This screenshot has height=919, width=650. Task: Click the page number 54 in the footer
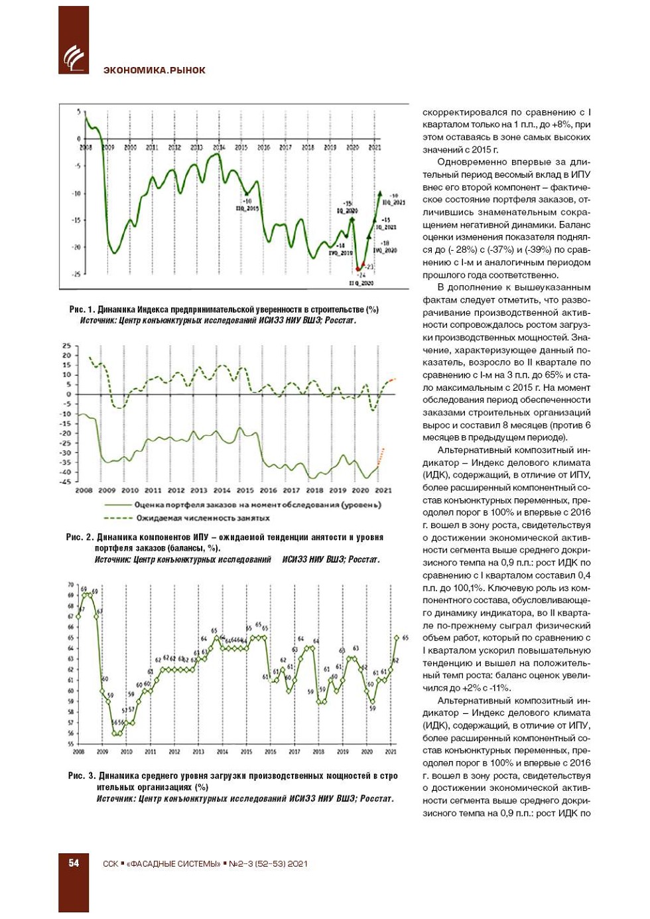click(x=74, y=863)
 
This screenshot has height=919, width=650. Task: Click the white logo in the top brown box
click(x=74, y=58)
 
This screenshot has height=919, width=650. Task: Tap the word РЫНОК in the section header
click(x=188, y=70)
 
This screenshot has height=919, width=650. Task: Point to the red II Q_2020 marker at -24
click(x=358, y=269)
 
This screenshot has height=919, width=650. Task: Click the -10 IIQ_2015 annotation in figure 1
click(x=247, y=204)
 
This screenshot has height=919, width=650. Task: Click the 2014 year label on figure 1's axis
click(x=219, y=147)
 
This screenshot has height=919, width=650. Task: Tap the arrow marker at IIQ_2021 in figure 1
click(x=381, y=193)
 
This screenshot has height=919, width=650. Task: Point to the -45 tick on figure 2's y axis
click(x=66, y=482)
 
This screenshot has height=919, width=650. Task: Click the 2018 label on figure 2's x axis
click(x=314, y=490)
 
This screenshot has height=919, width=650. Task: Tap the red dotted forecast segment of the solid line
click(x=381, y=457)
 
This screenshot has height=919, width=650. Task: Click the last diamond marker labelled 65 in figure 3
click(x=397, y=638)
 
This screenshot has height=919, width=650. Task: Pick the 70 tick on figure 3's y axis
click(x=70, y=585)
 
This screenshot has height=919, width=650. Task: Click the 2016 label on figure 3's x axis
click(x=270, y=752)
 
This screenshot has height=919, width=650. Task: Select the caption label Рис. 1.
click(x=82, y=310)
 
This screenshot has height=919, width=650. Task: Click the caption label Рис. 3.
click(x=82, y=776)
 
